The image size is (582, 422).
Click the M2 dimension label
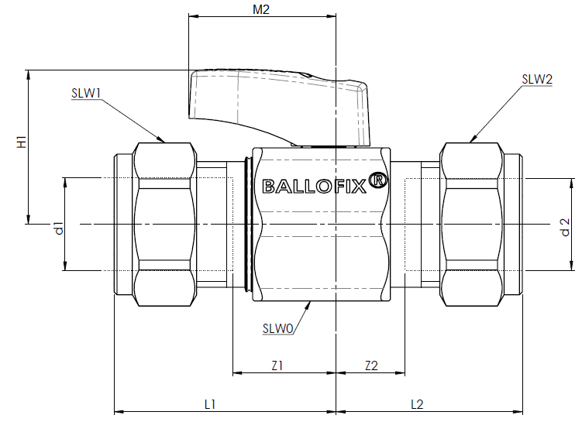[x=261, y=9]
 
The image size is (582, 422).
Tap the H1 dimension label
[x=22, y=142]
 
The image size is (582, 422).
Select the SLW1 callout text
[x=86, y=93]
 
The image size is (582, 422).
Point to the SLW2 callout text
[x=537, y=79]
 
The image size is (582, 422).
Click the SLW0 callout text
[x=278, y=328]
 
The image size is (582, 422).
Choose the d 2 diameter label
[x=564, y=227]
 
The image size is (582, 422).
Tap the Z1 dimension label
[x=277, y=366]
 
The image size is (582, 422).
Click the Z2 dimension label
[x=371, y=366]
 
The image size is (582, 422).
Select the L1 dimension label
[x=210, y=404]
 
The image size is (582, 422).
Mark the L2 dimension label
[x=417, y=404]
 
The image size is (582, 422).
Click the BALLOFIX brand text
[x=315, y=186]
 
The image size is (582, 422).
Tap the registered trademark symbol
[x=378, y=180]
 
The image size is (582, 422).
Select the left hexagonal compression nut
[x=164, y=225]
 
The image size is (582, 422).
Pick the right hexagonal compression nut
[x=471, y=225]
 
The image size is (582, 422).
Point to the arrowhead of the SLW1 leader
[x=161, y=140]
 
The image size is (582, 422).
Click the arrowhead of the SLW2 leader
[x=474, y=139]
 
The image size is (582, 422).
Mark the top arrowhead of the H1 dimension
[x=28, y=74]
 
